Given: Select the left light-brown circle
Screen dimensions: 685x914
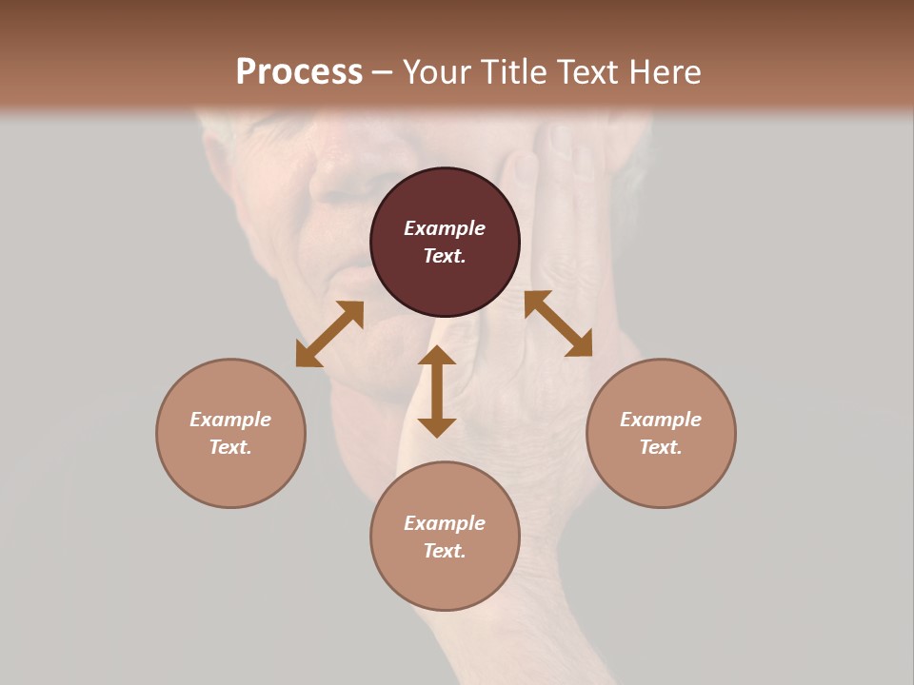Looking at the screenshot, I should pyautogui.click(x=230, y=476).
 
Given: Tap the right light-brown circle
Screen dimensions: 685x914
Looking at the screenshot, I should pyautogui.click(x=661, y=476).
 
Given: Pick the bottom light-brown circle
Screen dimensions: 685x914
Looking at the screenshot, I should pyautogui.click(x=445, y=580).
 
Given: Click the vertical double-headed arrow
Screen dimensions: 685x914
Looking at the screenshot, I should pyautogui.click(x=437, y=391).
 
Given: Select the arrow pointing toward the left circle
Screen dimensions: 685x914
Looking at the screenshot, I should pyautogui.click(x=329, y=334).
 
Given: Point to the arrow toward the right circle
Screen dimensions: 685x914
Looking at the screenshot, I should pyautogui.click(x=559, y=323).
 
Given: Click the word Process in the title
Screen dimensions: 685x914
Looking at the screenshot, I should pyautogui.click(x=299, y=71).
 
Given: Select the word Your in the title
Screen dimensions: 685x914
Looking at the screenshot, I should pyautogui.click(x=433, y=71).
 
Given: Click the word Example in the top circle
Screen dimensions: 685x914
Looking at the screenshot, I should pyautogui.click(x=445, y=228).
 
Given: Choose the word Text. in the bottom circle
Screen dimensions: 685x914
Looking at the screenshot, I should pyautogui.click(x=445, y=551).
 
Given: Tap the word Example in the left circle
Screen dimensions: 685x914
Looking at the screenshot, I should pyautogui.click(x=230, y=420).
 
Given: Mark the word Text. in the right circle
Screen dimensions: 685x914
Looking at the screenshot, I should pyautogui.click(x=661, y=447).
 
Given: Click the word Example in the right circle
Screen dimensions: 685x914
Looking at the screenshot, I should pyautogui.click(x=661, y=420).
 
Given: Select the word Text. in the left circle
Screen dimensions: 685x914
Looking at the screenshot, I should pyautogui.click(x=230, y=447).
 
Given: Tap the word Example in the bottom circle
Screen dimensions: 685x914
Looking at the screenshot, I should pyautogui.click(x=445, y=523).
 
